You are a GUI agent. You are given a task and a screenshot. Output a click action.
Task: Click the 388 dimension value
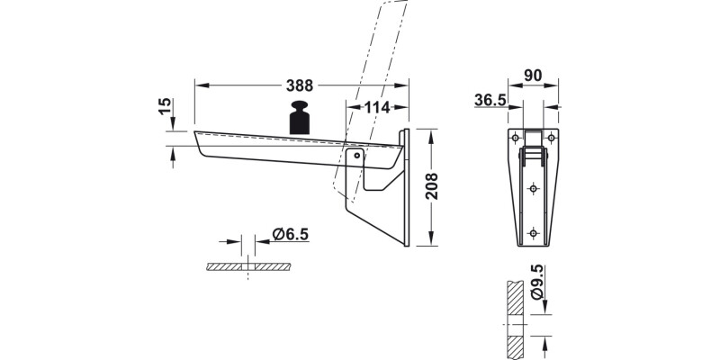click(x=300, y=86)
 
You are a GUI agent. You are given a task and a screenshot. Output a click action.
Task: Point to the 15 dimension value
click(x=165, y=105)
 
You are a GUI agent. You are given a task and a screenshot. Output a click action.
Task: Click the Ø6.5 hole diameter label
click(x=290, y=235)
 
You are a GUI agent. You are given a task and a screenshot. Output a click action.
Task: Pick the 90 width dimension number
click(x=532, y=76)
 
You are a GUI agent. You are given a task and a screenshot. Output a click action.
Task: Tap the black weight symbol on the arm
click(x=301, y=120)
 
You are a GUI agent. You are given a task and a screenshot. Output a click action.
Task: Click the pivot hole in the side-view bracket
click(x=356, y=156)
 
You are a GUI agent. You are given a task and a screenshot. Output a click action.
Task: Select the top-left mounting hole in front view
click(x=514, y=137)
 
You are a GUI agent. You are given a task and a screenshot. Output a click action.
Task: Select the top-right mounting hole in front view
click(x=552, y=137)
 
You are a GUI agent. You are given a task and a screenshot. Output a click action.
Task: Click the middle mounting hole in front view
click(x=533, y=188)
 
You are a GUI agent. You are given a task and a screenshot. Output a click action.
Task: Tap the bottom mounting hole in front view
click(x=533, y=233)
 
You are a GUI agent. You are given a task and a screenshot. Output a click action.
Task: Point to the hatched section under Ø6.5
click(x=248, y=267)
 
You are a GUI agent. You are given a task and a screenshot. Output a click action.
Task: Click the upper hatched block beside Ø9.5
click(x=514, y=297)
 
